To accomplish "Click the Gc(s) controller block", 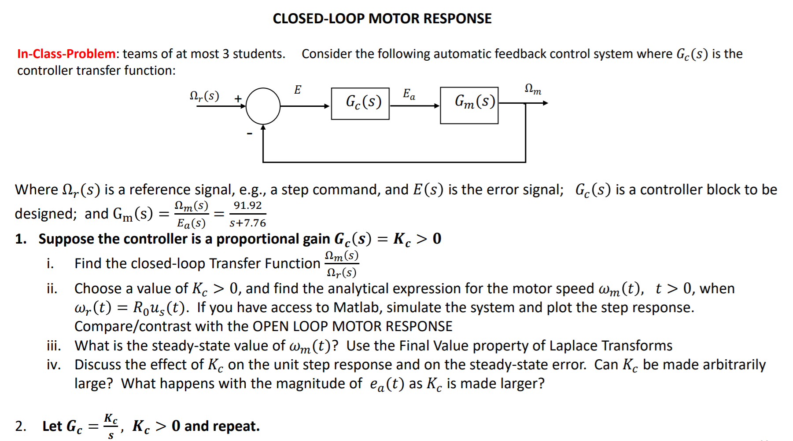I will point(360,104).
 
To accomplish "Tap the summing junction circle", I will point(263,106).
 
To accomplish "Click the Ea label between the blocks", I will point(409,94).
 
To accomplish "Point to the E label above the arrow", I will point(298,90).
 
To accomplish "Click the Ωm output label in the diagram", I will point(533,89).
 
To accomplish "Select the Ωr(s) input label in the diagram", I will point(204,96).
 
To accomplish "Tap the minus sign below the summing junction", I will point(250,133).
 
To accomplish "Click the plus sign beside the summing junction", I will point(238,98).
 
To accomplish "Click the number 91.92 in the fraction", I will point(247,205).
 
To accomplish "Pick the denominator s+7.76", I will point(247,223).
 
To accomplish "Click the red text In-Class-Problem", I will point(66,54).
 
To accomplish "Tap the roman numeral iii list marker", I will point(54,346).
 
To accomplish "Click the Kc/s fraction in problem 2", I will point(111,426).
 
